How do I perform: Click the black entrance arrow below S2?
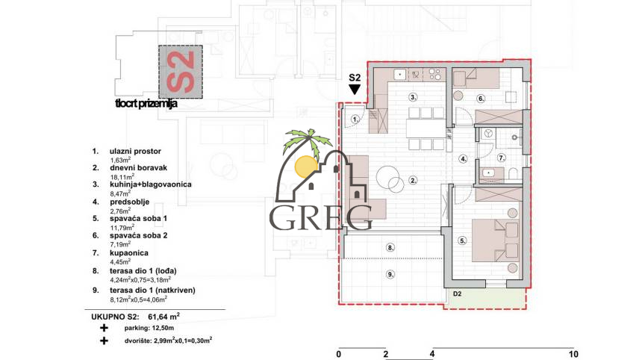click(x=355, y=89)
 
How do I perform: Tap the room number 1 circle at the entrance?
click(x=356, y=119)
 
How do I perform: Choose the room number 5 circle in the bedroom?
click(x=481, y=98)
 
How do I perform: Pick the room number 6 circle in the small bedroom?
click(x=502, y=158)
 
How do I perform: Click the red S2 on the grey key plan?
click(x=573, y=353)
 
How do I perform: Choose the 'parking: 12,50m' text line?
click(x=387, y=179)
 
